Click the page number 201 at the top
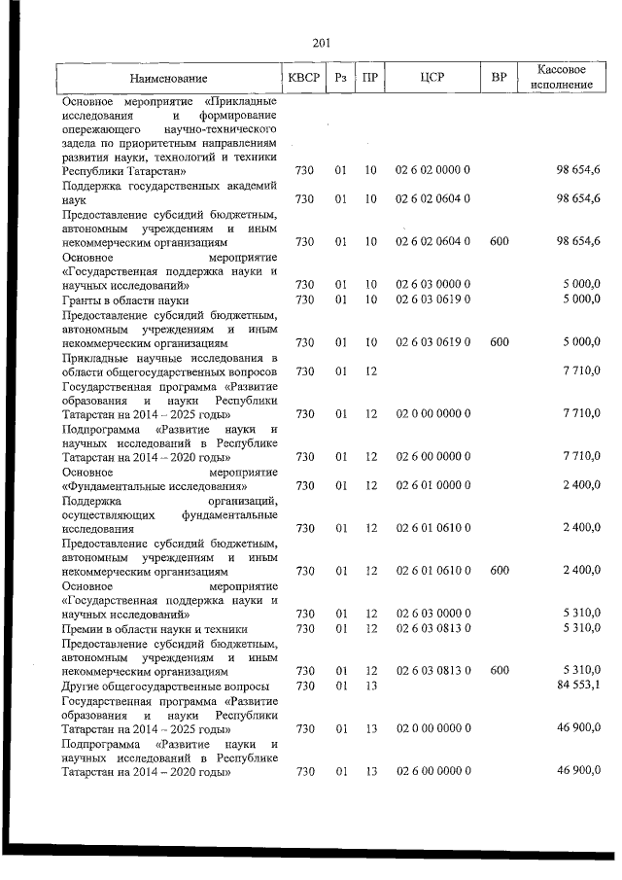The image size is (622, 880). pyautogui.click(x=322, y=42)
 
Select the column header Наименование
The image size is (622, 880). pyautogui.click(x=168, y=78)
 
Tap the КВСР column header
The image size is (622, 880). pyautogui.click(x=303, y=78)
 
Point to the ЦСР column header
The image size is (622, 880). pyautogui.click(x=432, y=78)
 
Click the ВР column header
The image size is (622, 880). pyautogui.click(x=499, y=78)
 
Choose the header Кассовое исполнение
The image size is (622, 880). pyautogui.click(x=564, y=78)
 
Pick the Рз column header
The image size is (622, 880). pyautogui.click(x=340, y=78)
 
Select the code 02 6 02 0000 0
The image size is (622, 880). pyautogui.click(x=432, y=171)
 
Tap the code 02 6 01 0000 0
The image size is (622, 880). pyautogui.click(x=432, y=485)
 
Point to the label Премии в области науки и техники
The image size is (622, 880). pyautogui.click(x=155, y=629)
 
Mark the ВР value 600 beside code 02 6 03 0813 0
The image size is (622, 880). pyautogui.click(x=499, y=671)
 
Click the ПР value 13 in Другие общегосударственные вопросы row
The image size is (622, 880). pyautogui.click(x=370, y=686)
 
